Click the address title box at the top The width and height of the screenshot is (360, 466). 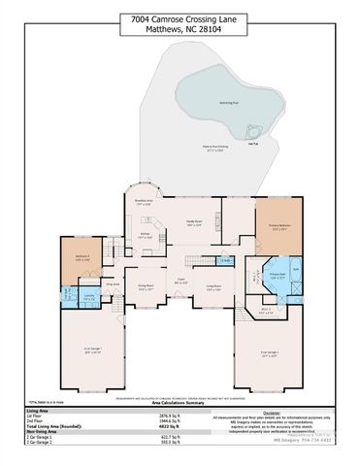coord(180,22)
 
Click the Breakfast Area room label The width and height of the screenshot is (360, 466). coord(143,202)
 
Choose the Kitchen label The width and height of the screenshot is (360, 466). coord(143,234)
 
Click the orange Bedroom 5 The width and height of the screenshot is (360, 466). coord(82,259)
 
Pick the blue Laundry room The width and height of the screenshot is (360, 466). coord(88,298)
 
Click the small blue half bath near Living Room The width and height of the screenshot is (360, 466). coord(224,259)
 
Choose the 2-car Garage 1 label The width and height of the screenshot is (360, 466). coord(92,352)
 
